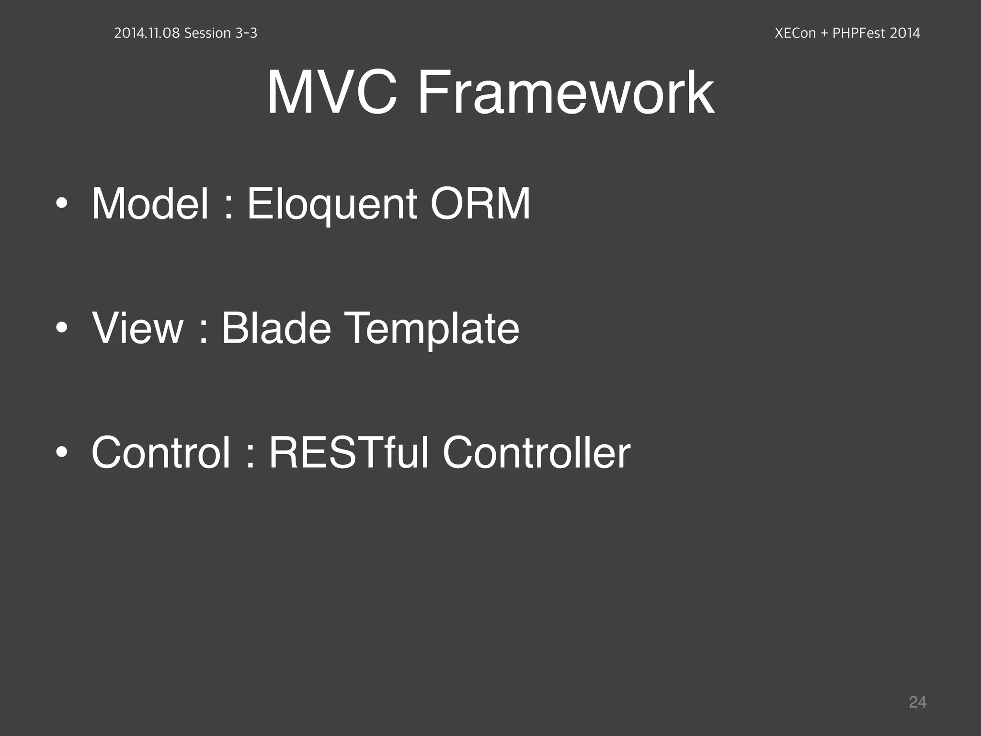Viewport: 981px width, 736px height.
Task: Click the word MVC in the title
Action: click(331, 92)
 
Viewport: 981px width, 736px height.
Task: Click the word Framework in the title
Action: click(566, 92)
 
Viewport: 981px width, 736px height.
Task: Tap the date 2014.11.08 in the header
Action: click(147, 33)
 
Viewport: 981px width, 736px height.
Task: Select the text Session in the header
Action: click(207, 33)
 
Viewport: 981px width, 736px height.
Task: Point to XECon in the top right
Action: click(795, 33)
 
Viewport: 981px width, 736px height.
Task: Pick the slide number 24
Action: click(917, 702)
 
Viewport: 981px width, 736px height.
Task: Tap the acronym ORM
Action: click(480, 204)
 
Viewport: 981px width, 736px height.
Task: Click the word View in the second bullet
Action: click(137, 328)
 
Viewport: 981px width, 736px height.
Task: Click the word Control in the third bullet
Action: click(161, 453)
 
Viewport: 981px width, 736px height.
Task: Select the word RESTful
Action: click(349, 453)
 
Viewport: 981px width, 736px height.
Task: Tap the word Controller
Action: click(536, 453)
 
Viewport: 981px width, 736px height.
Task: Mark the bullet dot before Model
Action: click(61, 204)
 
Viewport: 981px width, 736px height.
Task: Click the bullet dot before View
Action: click(61, 328)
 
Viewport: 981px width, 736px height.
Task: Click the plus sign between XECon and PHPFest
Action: click(824, 34)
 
